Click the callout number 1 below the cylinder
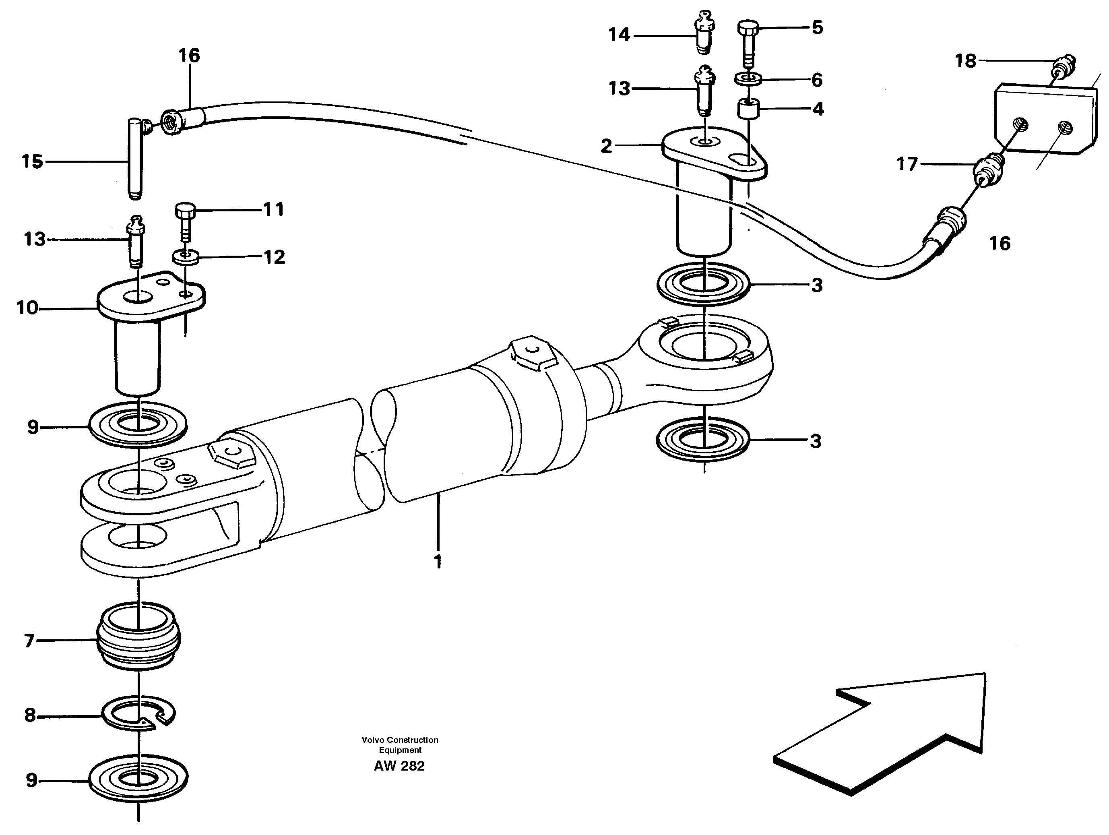point(438,562)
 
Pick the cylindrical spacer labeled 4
point(748,108)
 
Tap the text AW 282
point(399,766)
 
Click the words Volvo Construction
point(400,740)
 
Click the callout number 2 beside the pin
point(606,146)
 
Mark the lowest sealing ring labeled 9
point(138,778)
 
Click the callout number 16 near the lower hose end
point(999,244)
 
